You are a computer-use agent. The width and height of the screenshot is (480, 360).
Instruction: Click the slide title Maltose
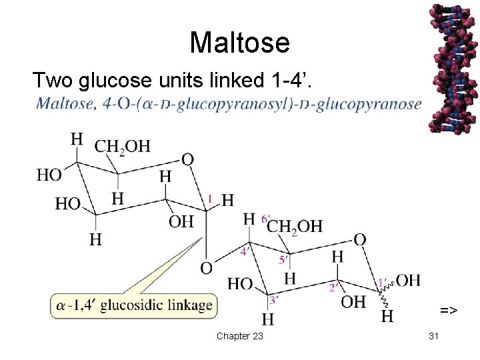click(x=239, y=43)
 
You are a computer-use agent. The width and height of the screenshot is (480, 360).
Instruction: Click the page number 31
click(x=433, y=336)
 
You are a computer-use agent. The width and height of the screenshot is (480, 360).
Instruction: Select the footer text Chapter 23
click(x=239, y=336)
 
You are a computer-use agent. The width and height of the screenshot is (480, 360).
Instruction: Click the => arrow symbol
click(x=448, y=310)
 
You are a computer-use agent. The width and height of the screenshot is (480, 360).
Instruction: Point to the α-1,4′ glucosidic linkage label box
click(x=134, y=306)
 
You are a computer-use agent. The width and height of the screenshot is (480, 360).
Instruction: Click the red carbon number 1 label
click(x=211, y=198)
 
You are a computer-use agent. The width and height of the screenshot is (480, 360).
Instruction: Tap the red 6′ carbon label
click(x=265, y=219)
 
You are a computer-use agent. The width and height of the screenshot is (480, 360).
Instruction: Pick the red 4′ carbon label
click(x=245, y=251)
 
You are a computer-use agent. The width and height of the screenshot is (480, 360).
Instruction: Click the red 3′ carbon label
click(x=273, y=300)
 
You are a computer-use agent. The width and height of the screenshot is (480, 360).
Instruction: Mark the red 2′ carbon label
click(x=333, y=288)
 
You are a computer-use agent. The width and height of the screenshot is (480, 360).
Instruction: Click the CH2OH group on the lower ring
click(x=295, y=227)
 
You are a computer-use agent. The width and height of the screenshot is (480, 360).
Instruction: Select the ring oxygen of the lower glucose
click(x=359, y=239)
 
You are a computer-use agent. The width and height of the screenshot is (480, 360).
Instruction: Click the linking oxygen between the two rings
click(x=207, y=268)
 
